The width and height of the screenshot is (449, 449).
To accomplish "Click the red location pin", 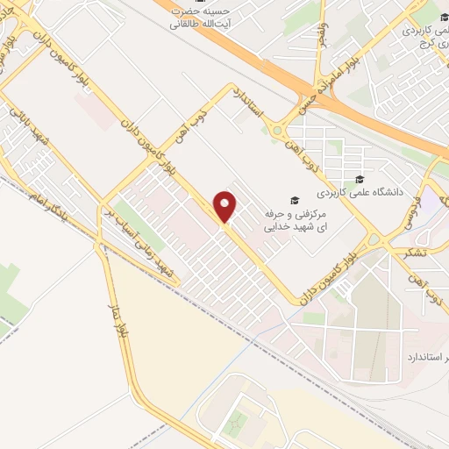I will pos(226,208).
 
